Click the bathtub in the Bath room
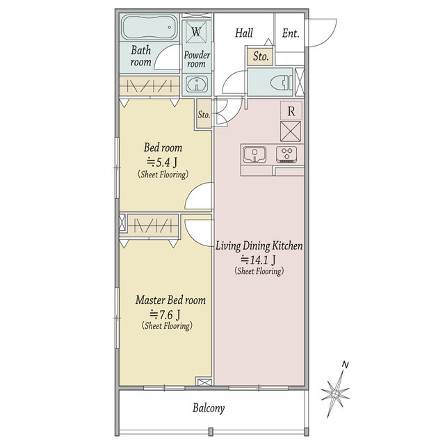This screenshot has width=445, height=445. click(149, 27)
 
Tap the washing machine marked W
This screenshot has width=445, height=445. click(196, 32)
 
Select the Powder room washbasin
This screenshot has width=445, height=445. click(197, 83)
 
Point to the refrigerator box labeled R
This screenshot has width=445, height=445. click(291, 111)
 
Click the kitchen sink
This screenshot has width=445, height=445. click(254, 154)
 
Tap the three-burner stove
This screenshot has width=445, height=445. click(286, 154)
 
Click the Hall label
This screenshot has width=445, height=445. click(244, 33)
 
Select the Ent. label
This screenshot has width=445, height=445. click(291, 33)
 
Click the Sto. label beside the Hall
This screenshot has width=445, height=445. click(261, 56)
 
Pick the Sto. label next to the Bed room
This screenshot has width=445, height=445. click(204, 115)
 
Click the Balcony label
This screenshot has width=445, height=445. click(209, 408)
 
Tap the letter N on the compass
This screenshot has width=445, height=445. click(345, 364)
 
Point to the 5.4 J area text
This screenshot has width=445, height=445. click(162, 163)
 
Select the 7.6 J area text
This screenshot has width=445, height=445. click(165, 314)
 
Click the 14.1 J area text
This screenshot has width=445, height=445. click(258, 259)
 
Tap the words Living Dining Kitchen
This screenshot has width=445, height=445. click(259, 245)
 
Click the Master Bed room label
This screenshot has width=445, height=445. click(170, 300)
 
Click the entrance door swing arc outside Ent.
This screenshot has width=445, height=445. click(332, 36)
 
